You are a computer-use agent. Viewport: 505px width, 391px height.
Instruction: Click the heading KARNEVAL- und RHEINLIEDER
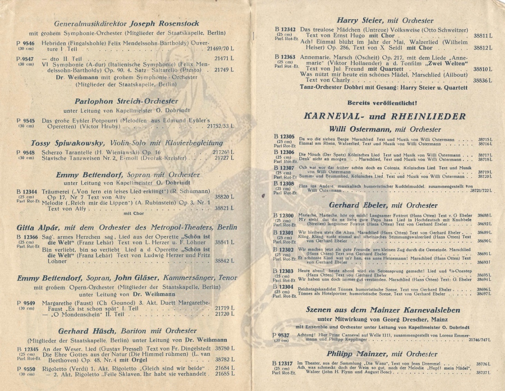click(x=385, y=117)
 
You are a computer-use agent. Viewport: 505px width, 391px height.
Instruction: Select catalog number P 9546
click(x=26, y=44)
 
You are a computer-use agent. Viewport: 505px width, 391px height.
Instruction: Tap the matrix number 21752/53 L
click(x=220, y=127)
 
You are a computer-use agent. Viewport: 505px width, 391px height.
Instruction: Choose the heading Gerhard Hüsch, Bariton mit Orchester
click(x=127, y=331)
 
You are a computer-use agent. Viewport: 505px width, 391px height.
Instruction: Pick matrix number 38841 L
click(x=224, y=243)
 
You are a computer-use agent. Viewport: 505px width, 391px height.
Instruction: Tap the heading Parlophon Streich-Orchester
click(x=127, y=101)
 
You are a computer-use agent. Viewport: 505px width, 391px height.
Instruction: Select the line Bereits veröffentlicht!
click(x=382, y=103)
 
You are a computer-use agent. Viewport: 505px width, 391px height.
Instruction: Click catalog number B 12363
click(x=285, y=57)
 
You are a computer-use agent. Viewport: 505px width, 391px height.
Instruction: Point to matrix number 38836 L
click(x=483, y=81)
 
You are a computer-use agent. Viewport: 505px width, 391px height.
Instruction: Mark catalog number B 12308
click(x=284, y=184)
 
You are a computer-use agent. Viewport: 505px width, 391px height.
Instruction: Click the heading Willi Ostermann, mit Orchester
click(x=385, y=130)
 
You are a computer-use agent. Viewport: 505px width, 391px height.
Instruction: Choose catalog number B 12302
click(x=283, y=250)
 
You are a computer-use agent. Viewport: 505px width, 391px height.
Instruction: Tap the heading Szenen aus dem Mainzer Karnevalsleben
click(x=383, y=310)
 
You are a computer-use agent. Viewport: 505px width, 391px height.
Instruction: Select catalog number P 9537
click(x=281, y=335)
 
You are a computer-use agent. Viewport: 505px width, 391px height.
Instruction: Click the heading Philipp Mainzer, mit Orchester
click(x=382, y=354)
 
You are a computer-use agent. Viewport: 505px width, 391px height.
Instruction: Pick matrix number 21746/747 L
click(x=479, y=340)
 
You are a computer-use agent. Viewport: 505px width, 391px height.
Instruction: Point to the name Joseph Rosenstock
click(x=164, y=24)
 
